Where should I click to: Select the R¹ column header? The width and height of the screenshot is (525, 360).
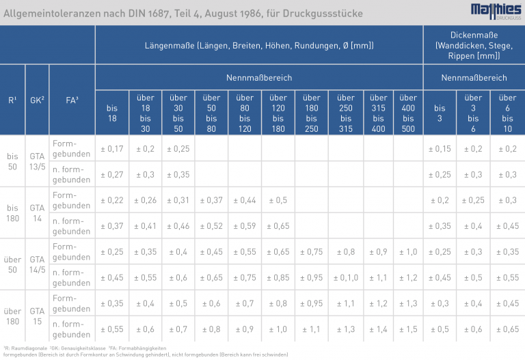coord(12,100)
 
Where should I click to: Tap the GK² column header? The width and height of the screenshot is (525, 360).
coord(37,100)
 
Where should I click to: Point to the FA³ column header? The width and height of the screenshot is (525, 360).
coord(72,100)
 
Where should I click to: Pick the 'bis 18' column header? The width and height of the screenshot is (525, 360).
coord(112,113)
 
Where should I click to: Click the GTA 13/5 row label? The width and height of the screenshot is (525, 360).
coord(37,161)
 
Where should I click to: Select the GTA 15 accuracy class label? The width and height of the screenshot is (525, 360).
coord(37,316)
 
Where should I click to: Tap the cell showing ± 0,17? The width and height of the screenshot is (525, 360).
coord(112,149)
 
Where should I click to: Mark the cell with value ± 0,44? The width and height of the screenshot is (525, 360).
coord(245,200)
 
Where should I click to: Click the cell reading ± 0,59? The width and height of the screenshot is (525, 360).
coord(245,226)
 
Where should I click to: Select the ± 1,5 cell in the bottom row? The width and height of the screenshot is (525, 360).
coord(408,329)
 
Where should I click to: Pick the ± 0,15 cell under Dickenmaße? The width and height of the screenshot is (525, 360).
coord(440,149)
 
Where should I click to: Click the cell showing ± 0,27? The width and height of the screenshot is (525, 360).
coord(112,174)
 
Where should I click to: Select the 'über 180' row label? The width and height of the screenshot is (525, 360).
coord(12,316)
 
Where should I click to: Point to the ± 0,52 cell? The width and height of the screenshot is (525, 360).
coord(212,226)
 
